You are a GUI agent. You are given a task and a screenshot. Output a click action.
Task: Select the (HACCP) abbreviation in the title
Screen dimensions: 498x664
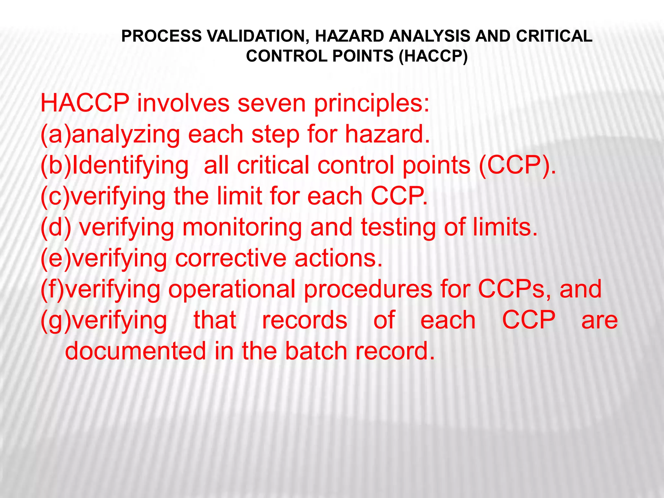click(x=433, y=56)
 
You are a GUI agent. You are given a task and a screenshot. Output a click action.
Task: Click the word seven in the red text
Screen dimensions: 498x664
click(x=272, y=103)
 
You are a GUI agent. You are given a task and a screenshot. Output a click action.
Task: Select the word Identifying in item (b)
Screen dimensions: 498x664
click(x=130, y=165)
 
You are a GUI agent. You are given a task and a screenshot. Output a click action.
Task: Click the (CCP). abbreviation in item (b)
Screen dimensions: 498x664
click(x=517, y=165)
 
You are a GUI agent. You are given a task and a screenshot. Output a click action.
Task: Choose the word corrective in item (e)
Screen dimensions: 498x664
click(x=231, y=258)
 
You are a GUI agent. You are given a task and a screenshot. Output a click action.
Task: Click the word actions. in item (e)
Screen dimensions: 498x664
click(x=338, y=258)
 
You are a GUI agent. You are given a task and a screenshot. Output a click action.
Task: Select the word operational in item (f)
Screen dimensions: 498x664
click(x=232, y=290)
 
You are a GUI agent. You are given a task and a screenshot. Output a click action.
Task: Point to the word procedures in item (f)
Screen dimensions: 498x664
click(x=368, y=290)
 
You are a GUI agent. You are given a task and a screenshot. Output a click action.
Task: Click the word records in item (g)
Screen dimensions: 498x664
click(x=304, y=320)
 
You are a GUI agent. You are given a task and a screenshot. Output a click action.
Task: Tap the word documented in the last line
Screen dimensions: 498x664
click(x=136, y=351)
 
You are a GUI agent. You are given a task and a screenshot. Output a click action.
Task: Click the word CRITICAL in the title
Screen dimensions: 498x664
click(x=554, y=36)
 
